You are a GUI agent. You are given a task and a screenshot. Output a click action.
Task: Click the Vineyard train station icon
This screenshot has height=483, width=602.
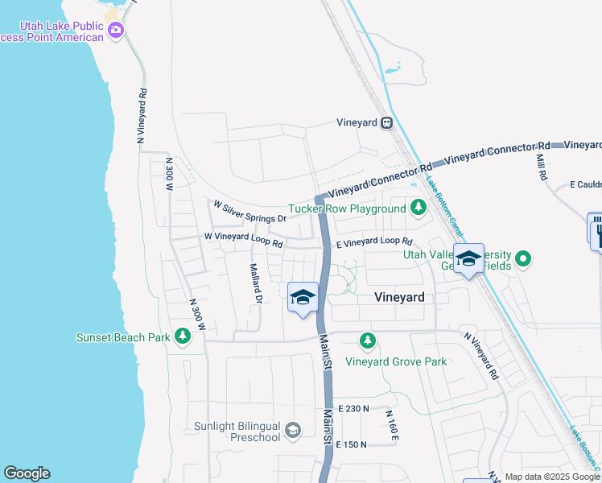(387, 123)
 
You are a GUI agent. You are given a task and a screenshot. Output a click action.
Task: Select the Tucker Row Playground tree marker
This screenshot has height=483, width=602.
(418, 208)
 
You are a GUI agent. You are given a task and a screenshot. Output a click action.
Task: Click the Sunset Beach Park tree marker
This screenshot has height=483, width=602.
(183, 336)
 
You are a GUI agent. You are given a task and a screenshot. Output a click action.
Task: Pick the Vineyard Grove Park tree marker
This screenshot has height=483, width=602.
(368, 342)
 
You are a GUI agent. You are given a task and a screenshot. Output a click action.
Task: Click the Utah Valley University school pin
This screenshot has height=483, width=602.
(468, 258)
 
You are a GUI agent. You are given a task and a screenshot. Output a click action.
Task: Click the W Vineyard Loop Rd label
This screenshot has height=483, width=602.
(243, 239)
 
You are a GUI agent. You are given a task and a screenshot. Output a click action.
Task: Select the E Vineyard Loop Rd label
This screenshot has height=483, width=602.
(373, 242)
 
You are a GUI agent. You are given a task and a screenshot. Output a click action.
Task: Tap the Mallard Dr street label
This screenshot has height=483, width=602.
(256, 284)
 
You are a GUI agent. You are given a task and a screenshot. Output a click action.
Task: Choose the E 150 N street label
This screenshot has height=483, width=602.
(351, 444)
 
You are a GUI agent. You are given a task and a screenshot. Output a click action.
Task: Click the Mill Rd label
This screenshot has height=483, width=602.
(542, 166)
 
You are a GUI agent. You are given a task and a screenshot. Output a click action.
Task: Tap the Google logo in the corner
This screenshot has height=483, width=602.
(27, 473)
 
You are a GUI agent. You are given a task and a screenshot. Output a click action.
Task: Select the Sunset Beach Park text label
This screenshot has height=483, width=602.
(123, 337)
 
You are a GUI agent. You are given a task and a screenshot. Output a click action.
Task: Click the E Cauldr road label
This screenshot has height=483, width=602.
(585, 185)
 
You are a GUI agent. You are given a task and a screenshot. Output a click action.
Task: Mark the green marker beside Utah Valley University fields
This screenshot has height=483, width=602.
(524, 258)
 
